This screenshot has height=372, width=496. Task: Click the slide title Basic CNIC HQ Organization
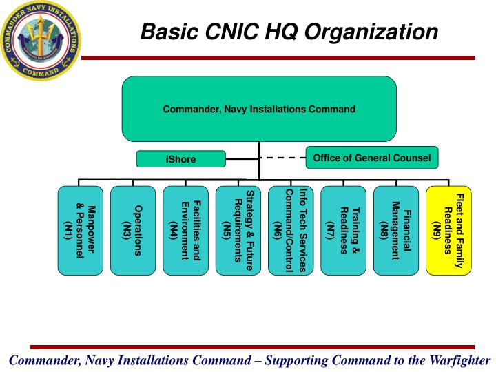(289, 32)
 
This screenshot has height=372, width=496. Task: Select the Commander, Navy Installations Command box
(259, 109)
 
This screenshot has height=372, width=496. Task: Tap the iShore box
(180, 159)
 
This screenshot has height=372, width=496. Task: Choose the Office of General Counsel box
(371, 158)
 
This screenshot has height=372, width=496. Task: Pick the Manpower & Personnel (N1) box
(81, 230)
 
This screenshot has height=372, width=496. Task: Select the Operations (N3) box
(133, 230)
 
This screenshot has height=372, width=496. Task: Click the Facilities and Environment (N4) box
(185, 230)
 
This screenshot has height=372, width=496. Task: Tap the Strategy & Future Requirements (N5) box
(238, 230)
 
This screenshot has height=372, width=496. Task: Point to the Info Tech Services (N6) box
(291, 230)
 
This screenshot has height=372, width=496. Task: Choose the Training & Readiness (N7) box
(343, 230)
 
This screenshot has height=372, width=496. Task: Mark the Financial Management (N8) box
(395, 230)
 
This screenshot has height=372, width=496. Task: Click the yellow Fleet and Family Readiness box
(448, 230)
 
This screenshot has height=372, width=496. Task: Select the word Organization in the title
(386, 32)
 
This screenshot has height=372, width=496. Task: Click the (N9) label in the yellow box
(437, 229)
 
